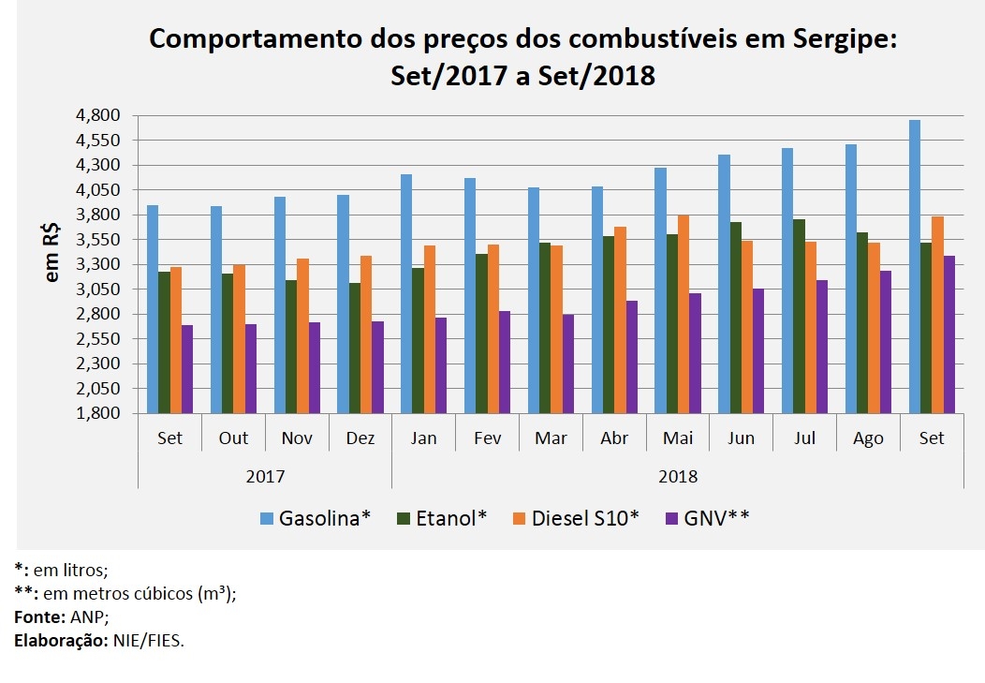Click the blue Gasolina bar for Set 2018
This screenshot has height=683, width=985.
(915, 267)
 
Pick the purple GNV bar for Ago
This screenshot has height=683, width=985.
(885, 342)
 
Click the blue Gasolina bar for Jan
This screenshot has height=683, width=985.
(406, 293)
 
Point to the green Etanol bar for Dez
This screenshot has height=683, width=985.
(354, 348)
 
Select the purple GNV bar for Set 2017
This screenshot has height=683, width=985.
(186, 369)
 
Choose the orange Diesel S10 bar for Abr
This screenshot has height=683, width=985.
(620, 319)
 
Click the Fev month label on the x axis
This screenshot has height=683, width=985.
(488, 438)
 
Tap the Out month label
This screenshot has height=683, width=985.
(234, 438)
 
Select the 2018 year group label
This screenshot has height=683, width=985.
(678, 476)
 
